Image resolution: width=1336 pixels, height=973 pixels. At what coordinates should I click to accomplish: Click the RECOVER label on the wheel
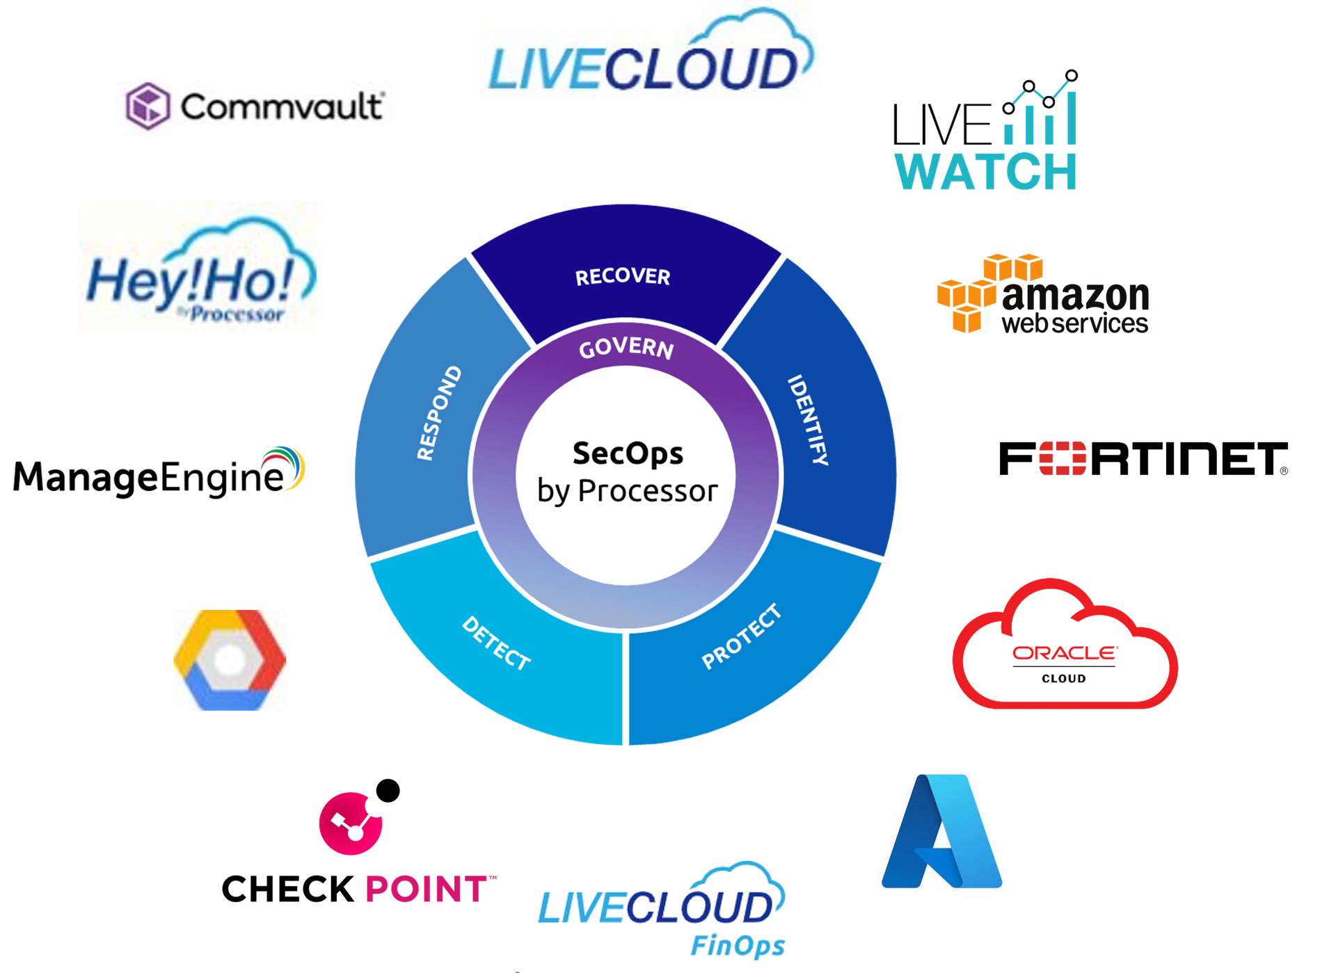pos(622,277)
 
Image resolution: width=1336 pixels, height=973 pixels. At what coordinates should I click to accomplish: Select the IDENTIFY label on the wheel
pos(808,420)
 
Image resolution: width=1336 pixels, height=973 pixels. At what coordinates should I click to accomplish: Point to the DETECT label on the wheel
pos(496,643)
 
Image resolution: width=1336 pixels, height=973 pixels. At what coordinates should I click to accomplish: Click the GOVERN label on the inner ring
pos(626,348)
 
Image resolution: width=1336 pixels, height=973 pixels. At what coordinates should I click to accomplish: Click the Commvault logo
pos(255,108)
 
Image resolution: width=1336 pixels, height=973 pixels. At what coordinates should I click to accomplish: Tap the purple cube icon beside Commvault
pos(148,106)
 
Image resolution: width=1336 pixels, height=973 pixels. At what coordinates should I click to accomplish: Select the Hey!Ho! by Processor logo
pos(198,268)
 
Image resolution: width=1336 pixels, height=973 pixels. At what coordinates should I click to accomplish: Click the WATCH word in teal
pos(986,171)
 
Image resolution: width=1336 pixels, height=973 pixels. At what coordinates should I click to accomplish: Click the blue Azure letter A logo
pos(941,831)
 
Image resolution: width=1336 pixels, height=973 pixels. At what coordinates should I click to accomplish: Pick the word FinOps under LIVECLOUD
pos(738,946)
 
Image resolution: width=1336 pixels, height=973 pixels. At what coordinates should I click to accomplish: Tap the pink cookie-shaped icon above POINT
pos(350,823)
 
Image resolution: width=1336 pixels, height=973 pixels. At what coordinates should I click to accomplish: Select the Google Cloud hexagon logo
pos(230,660)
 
